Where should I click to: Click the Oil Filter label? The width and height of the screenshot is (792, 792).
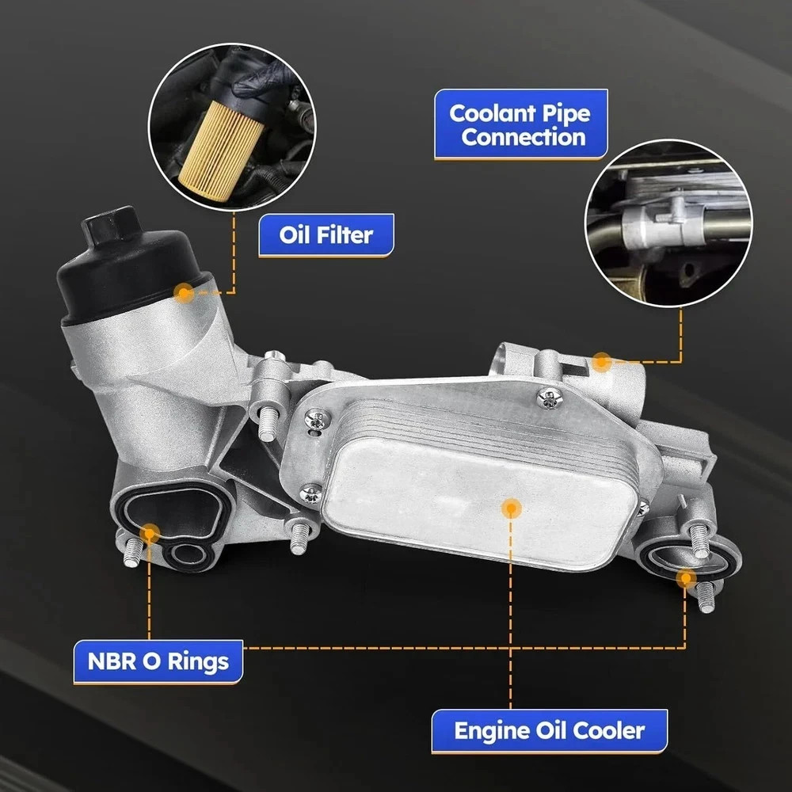pos(326,235)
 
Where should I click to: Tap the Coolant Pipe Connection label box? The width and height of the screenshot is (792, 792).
pos(521,124)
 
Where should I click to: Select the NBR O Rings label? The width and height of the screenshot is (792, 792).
pos(158,661)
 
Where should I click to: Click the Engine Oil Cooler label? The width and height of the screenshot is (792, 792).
pos(550,731)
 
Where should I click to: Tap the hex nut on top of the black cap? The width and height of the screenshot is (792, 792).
pos(111,224)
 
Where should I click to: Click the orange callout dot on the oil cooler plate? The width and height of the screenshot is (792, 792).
pos(511,508)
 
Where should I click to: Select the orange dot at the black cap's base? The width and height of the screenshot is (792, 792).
pos(184,293)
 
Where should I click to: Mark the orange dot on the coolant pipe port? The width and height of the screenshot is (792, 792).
pos(602,362)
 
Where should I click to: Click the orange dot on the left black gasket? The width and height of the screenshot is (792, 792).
pos(149,533)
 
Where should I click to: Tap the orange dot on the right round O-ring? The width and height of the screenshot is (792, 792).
pos(686,578)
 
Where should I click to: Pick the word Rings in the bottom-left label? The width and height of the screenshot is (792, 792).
pos(198,662)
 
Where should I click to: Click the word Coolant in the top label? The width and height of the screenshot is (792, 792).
pos(493,113)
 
